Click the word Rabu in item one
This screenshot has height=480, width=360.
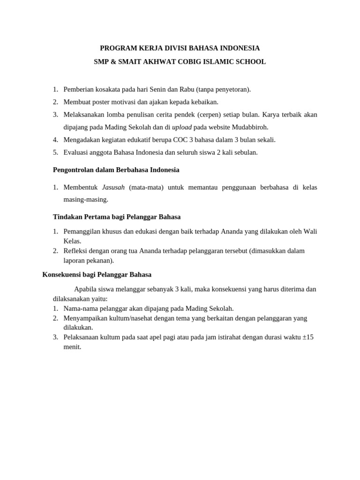(x=187, y=90)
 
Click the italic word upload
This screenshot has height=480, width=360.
(x=182, y=127)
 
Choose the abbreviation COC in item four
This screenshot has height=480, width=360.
(x=180, y=140)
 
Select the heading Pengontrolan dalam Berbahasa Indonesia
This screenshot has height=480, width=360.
(x=116, y=170)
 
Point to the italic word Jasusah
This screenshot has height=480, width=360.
(x=113, y=187)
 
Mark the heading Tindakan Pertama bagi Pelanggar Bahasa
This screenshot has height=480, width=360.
(x=117, y=217)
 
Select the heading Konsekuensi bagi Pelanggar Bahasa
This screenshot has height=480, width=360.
(x=97, y=275)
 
